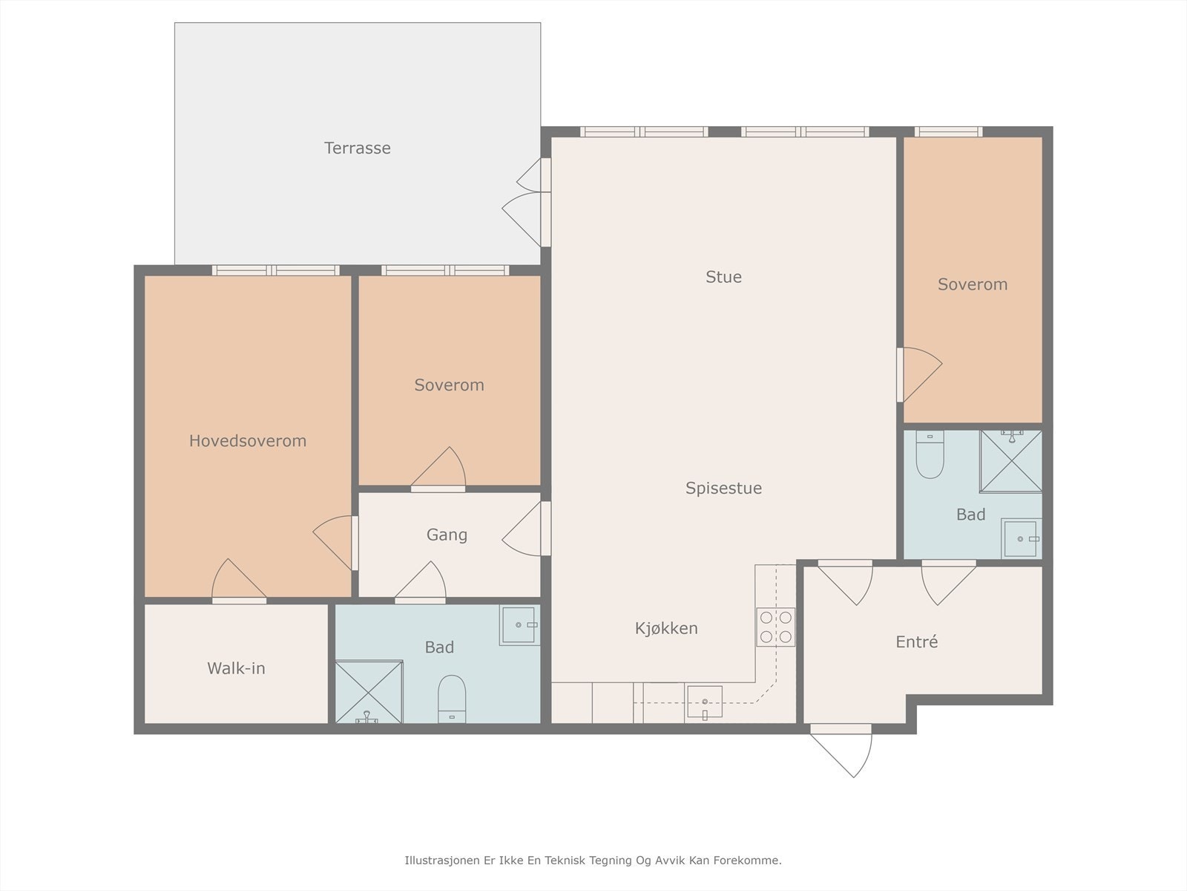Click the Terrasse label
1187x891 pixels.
[357, 148]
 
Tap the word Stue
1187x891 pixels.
[723, 277]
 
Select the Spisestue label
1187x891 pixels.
[723, 488]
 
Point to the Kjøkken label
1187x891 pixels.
[666, 628]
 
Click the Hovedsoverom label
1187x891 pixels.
[248, 441]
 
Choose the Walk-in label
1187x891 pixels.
[237, 669]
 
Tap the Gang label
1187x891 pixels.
[447, 535]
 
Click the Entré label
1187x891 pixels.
[917, 642]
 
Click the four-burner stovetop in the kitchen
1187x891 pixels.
[776, 627]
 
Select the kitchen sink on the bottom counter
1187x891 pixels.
[704, 702]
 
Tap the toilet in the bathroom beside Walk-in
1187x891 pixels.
[452, 699]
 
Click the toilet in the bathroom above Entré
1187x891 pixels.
[930, 454]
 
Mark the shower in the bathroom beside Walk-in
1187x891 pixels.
[369, 692]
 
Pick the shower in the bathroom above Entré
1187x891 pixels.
[1010, 461]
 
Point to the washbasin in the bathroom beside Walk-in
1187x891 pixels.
[519, 625]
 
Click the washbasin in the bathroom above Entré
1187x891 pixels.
[1021, 539]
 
